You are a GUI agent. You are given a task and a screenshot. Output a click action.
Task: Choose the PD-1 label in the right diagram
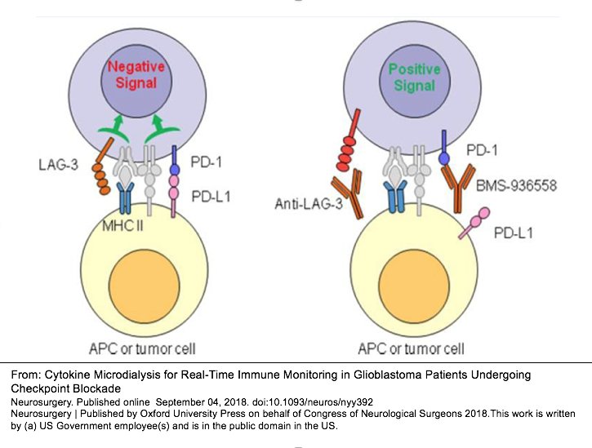(482, 151)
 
